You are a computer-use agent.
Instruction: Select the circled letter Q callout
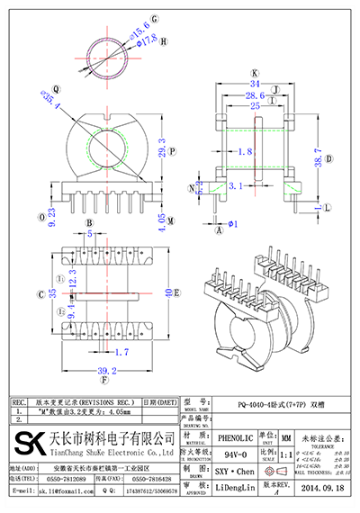tap(57, 89)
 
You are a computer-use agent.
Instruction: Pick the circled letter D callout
tap(328, 158)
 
